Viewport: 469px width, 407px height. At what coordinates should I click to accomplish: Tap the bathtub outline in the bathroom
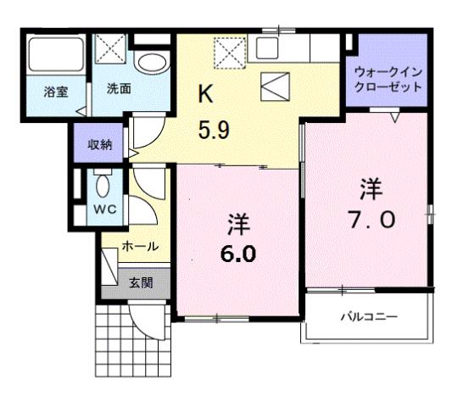coord(55,56)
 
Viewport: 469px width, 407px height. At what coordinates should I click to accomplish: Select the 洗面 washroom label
coord(118,87)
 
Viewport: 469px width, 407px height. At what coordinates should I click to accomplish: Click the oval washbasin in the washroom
coord(153,62)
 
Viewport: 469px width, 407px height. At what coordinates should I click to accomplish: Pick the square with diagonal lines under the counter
coord(276,84)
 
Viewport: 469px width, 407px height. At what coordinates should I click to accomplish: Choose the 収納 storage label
coord(100,144)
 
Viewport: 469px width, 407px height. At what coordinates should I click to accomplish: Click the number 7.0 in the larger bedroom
coord(370,218)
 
